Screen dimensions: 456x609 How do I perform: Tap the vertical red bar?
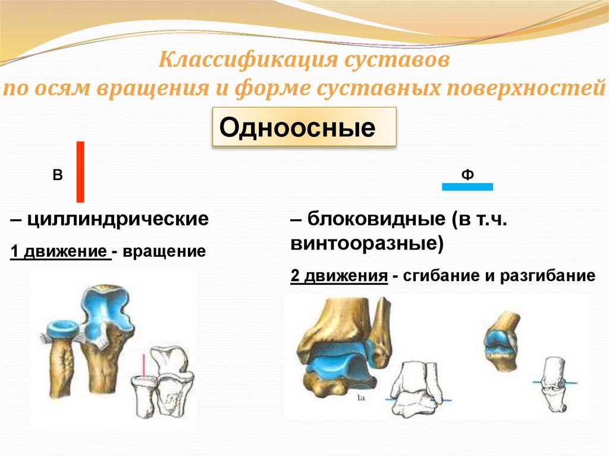coord(80,172)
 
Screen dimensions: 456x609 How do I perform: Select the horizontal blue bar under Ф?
coord(467,187)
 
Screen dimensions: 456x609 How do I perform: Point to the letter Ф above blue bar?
coord(467,174)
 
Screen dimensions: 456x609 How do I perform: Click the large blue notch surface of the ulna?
coord(108,310)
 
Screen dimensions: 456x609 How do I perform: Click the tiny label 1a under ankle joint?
coord(361,398)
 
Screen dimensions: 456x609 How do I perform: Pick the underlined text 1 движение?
coord(59,251)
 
